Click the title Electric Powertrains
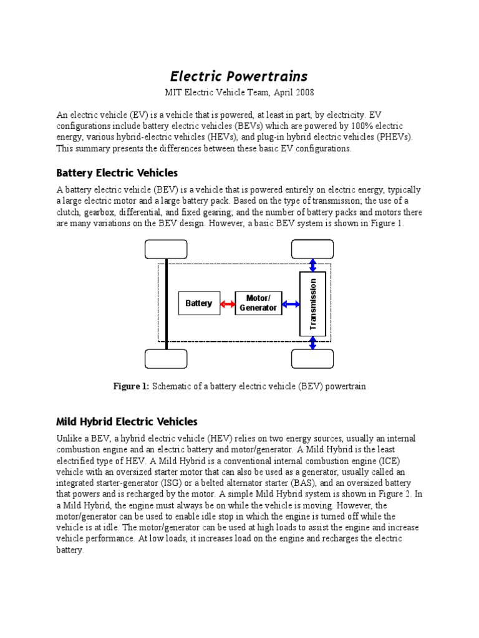[x=239, y=76]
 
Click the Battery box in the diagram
[x=199, y=303]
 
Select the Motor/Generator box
[x=258, y=303]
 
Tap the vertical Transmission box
[x=312, y=303]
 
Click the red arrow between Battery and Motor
[x=227, y=304]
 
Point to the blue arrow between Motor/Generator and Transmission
[x=291, y=304]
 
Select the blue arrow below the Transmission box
[x=312, y=343]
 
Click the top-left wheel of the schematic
[x=166, y=249]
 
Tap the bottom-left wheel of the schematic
[x=166, y=359]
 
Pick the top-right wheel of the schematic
[x=312, y=249]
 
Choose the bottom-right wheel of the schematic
[x=312, y=359]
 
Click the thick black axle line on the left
[x=167, y=304]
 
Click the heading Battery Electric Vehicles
[x=117, y=173]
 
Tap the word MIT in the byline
[x=173, y=93]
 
